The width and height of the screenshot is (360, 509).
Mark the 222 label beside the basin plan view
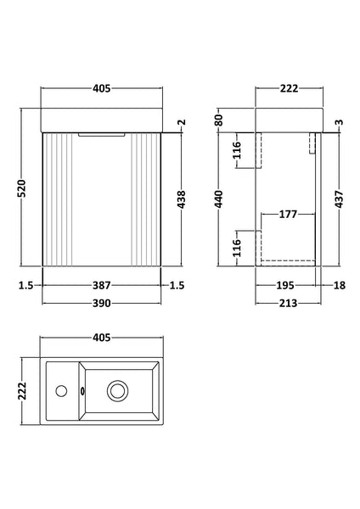click(28, 390)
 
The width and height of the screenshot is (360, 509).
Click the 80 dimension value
click(219, 118)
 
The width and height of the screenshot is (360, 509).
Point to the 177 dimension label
click(287, 215)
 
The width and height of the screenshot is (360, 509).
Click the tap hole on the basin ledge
click(60, 390)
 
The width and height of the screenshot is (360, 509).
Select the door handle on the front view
click(99, 133)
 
